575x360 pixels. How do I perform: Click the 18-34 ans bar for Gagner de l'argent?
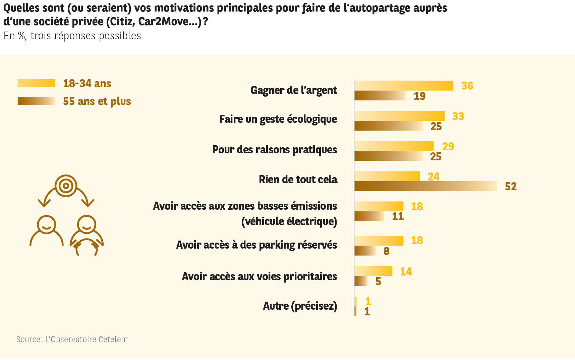[404, 86]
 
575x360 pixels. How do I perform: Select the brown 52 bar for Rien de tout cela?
[425, 186]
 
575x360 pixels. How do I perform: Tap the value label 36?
[467, 86]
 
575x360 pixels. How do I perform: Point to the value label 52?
[511, 187]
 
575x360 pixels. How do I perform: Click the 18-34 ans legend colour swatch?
[36, 83]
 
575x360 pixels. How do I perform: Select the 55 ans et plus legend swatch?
[36, 101]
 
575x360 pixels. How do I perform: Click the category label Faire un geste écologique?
[278, 119]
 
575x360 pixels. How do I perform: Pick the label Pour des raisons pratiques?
[275, 150]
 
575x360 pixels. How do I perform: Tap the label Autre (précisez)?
[300, 306]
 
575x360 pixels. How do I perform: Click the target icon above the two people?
[66, 186]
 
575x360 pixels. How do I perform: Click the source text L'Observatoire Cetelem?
[87, 339]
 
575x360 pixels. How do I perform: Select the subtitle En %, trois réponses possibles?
[72, 36]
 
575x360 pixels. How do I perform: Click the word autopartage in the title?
[377, 8]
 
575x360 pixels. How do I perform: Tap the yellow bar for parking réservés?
[379, 241]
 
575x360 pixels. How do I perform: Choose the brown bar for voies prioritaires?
[361, 281]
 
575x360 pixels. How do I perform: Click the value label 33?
[458, 116]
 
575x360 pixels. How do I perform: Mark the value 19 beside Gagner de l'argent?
[419, 96]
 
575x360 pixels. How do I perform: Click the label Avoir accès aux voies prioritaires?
[259, 276]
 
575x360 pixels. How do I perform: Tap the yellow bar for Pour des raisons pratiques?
[394, 146]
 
